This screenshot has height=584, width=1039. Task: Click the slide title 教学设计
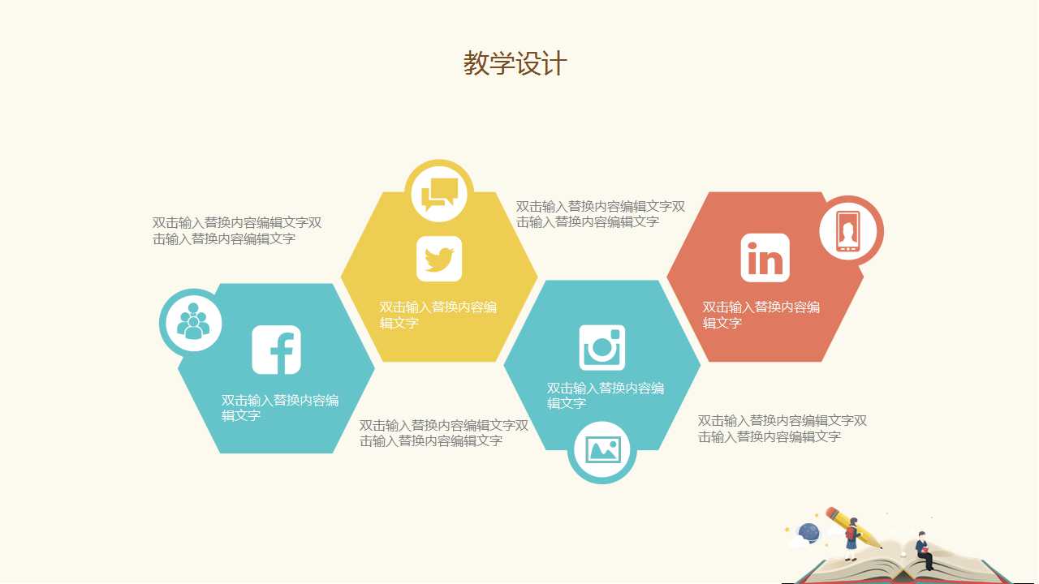tap(515, 63)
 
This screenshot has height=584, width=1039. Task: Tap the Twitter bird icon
tap(439, 259)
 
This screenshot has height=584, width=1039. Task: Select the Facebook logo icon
tap(277, 350)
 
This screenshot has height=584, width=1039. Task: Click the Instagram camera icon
tap(602, 347)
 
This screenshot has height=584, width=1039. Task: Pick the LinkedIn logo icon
tap(765, 258)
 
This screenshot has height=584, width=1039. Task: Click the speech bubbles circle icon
tap(439, 193)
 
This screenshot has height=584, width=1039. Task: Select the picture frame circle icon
tap(602, 449)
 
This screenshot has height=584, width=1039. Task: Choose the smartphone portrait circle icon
tap(849, 231)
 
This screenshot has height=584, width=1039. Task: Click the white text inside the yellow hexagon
tap(438, 315)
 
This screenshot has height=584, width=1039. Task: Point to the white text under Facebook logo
tap(280, 408)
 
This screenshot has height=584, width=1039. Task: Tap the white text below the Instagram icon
tap(606, 396)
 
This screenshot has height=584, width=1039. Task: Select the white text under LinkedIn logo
tap(761, 315)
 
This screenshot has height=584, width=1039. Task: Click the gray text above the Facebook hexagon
tap(237, 230)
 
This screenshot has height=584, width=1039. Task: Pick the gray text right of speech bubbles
tap(601, 214)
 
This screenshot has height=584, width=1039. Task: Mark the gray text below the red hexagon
tap(782, 428)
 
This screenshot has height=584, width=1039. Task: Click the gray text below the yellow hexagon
tap(444, 433)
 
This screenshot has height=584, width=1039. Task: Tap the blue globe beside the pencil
tap(809, 532)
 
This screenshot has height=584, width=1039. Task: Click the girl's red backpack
tap(849, 534)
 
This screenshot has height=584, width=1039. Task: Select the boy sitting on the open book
tap(923, 551)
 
